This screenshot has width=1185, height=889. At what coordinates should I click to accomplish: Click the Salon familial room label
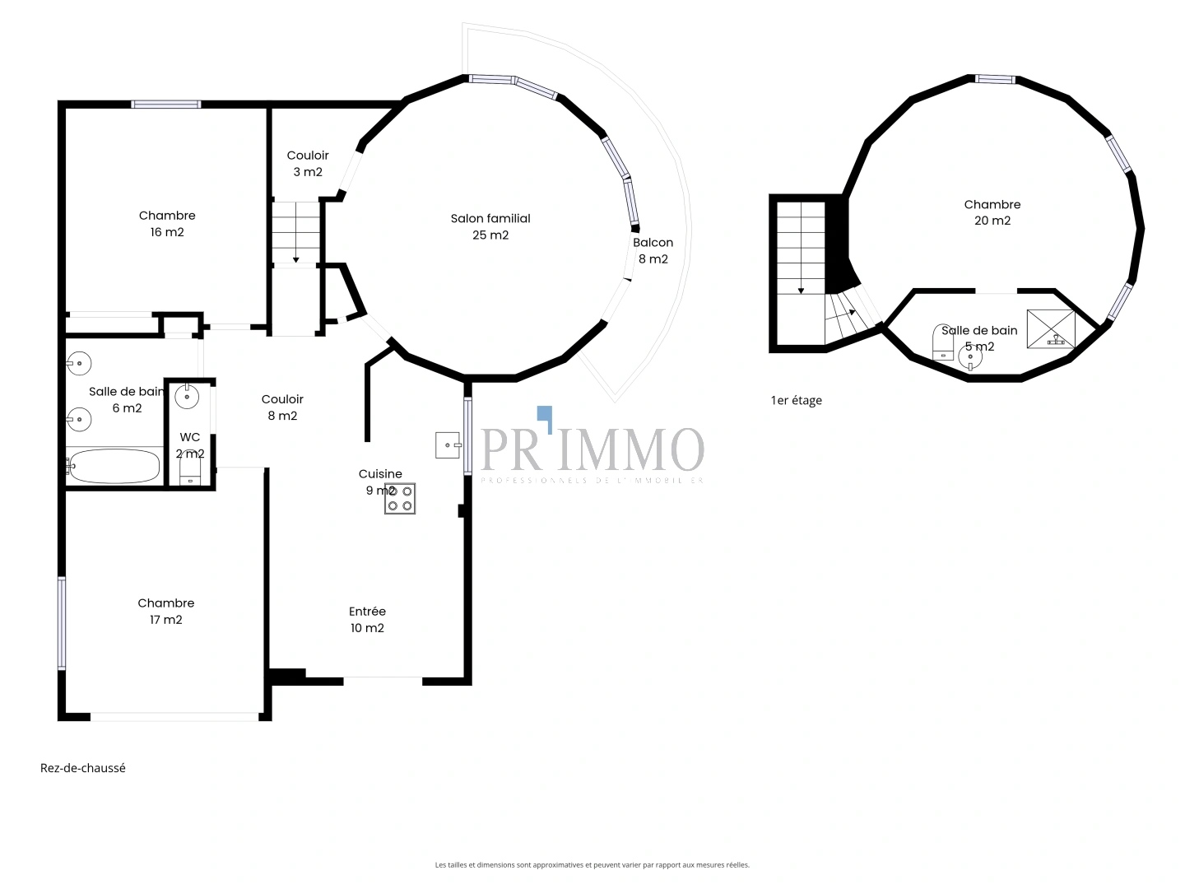490,226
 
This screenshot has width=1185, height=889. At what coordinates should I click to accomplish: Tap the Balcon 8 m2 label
653,250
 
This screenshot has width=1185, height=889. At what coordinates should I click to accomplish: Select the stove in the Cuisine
400,498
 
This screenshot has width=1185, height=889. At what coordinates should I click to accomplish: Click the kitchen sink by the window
448,444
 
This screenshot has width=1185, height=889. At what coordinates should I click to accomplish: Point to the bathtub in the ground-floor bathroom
114,467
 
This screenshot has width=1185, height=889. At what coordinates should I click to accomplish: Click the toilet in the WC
190,471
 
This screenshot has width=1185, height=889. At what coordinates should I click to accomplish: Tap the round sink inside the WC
188,397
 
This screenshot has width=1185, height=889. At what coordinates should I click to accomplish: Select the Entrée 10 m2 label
367,619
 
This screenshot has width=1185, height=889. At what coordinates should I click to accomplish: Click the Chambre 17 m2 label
166,611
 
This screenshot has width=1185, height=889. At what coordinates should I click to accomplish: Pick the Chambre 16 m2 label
167,223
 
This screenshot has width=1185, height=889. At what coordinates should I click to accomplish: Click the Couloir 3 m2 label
308,163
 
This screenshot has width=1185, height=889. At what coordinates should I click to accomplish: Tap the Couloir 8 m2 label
282,407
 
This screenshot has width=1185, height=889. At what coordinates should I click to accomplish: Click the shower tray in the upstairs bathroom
1050,328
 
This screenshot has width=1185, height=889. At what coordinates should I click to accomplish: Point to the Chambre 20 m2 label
992,212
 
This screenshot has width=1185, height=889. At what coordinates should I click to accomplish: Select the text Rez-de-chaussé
83,768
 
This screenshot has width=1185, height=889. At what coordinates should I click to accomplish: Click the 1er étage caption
797,401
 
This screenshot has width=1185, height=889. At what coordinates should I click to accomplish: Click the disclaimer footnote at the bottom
592,865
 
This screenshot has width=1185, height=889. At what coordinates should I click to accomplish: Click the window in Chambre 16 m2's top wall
166,105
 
